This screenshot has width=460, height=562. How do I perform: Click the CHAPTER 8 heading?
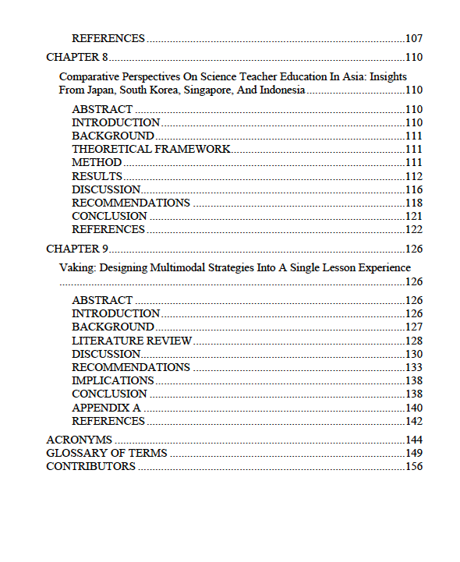point(77,57)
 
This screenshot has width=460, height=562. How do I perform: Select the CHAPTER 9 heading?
point(77,249)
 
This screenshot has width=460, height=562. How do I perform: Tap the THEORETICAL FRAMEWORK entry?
point(151,149)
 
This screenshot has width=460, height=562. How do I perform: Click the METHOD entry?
point(97,162)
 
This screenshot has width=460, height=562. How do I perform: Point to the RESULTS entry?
point(97,176)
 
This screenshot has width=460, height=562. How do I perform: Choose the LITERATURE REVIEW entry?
point(132,341)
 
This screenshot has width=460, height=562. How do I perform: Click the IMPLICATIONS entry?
point(113,380)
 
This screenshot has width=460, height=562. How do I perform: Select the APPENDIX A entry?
point(106,408)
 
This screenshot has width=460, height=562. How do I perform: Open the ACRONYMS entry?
point(79,440)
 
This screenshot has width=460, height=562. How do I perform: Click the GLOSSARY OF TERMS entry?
point(107,453)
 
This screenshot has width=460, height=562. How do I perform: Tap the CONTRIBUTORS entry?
point(90,467)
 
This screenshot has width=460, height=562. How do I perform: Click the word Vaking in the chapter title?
point(75,267)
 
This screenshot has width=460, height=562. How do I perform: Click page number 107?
point(414,38)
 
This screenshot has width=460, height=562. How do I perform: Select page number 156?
point(414,467)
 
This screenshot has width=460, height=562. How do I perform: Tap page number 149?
point(414,453)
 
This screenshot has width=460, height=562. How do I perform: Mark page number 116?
point(414,189)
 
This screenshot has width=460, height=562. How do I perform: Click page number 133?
point(414,367)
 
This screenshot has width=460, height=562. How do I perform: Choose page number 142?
point(414,421)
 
